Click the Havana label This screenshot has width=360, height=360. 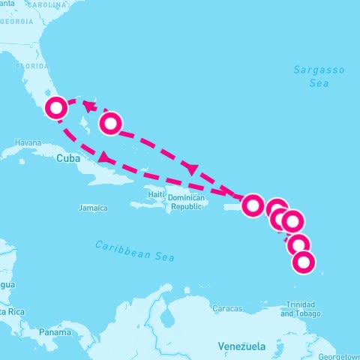coord(28,142)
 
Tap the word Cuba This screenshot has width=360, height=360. coord(67,158)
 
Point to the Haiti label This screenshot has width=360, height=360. coord(156,194)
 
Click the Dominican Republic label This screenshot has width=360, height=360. coord(186,202)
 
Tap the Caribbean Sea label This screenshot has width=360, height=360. coord(135,250)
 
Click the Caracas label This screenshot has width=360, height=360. coord(227,308)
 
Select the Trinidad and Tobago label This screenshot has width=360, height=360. coord(301,310)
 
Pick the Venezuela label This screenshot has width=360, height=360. coord(241,346)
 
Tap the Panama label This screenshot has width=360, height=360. coord(55,331)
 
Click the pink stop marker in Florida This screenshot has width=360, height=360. coord(55,108)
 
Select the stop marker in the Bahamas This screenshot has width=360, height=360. coord(110,122)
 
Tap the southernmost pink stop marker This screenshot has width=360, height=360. coord(304,262)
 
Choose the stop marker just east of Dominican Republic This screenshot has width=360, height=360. coord(253,204)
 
